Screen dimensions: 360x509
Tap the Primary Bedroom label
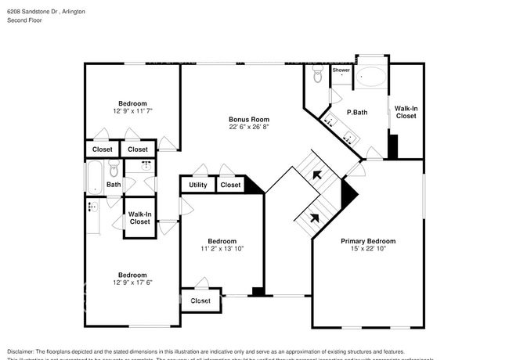coord(367,241)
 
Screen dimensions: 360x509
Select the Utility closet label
coord(198,185)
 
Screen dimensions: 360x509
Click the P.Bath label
coord(357,113)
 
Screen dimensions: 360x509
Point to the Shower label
coord(341,70)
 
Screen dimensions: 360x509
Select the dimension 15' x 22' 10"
coord(367,250)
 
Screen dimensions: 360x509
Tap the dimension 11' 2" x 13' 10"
coord(222,249)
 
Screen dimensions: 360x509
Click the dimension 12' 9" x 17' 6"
coord(132,283)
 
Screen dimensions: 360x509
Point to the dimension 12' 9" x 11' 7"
coord(132,111)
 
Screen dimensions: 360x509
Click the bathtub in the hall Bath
coord(93,177)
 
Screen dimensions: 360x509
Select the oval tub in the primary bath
coord(371,77)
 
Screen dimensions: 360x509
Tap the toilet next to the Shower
coord(317,75)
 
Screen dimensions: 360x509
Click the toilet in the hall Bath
coord(114,170)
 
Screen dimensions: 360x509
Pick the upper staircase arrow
coord(317,176)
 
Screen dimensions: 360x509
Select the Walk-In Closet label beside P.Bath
coord(406,112)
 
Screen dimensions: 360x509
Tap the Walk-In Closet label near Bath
coord(139,218)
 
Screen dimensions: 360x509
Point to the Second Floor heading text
coord(23,21)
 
